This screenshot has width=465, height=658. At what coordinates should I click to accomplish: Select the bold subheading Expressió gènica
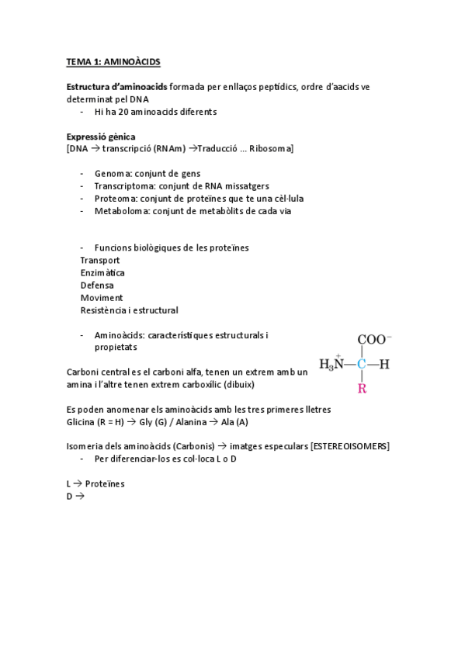[x=101, y=136]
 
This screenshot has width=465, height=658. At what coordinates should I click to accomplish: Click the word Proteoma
[x=113, y=198]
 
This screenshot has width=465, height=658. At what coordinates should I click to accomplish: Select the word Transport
[x=100, y=260]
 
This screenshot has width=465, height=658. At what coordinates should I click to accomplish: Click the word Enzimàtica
[x=102, y=272]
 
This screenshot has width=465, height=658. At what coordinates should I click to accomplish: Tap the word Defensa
[x=97, y=285]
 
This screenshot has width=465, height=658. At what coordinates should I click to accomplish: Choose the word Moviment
[x=101, y=297]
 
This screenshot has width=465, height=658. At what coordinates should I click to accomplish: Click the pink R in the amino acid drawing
[x=361, y=388]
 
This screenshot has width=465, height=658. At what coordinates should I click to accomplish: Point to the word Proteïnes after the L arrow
[x=105, y=483]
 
